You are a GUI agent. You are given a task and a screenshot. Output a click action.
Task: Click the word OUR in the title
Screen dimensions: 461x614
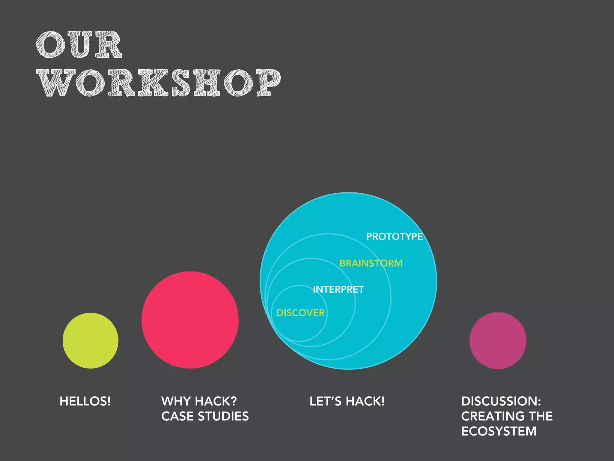tap(79, 45)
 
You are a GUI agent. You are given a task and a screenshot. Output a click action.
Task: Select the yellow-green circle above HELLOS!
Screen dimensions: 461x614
tap(91, 341)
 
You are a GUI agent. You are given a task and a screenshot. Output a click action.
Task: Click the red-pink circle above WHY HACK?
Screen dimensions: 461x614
tap(190, 320)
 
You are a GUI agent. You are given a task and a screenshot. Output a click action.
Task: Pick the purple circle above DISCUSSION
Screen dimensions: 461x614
tap(498, 341)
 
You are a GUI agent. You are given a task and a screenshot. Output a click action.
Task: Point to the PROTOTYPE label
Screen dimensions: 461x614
tap(395, 237)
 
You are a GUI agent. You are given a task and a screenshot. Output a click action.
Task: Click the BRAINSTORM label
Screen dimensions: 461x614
tap(371, 263)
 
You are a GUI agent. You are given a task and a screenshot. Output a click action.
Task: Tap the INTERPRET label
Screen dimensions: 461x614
tap(338, 289)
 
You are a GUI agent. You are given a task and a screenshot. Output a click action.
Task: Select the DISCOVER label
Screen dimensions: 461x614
tap(300, 313)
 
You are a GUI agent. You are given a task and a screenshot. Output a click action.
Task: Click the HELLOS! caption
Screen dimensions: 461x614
tap(85, 401)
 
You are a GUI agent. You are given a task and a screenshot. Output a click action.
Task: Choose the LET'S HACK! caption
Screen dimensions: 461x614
tap(347, 401)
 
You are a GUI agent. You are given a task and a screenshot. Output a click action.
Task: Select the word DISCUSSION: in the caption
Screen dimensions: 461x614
tap(501, 401)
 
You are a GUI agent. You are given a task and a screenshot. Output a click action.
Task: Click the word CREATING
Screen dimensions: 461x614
tap(493, 416)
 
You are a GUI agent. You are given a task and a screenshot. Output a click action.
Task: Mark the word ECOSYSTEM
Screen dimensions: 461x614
tap(499, 431)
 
